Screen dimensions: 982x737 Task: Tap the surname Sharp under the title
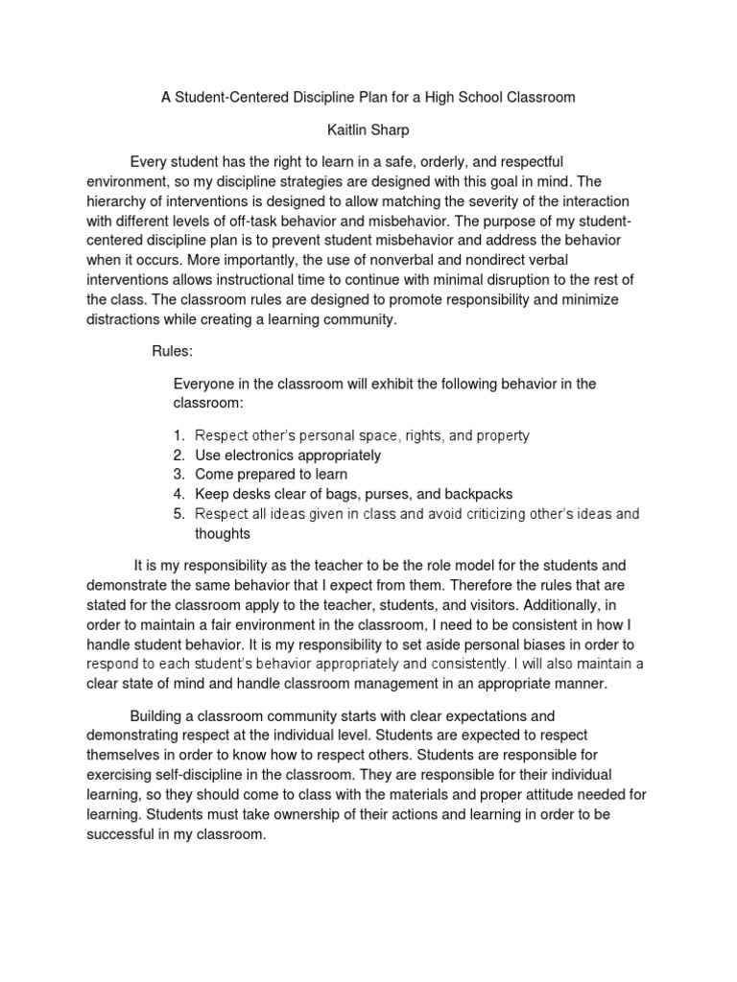(394, 129)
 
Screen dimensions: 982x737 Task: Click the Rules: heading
(173, 352)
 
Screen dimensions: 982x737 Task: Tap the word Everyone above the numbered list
(205, 384)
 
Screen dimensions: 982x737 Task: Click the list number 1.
(178, 435)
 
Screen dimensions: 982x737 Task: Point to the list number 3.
(178, 475)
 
